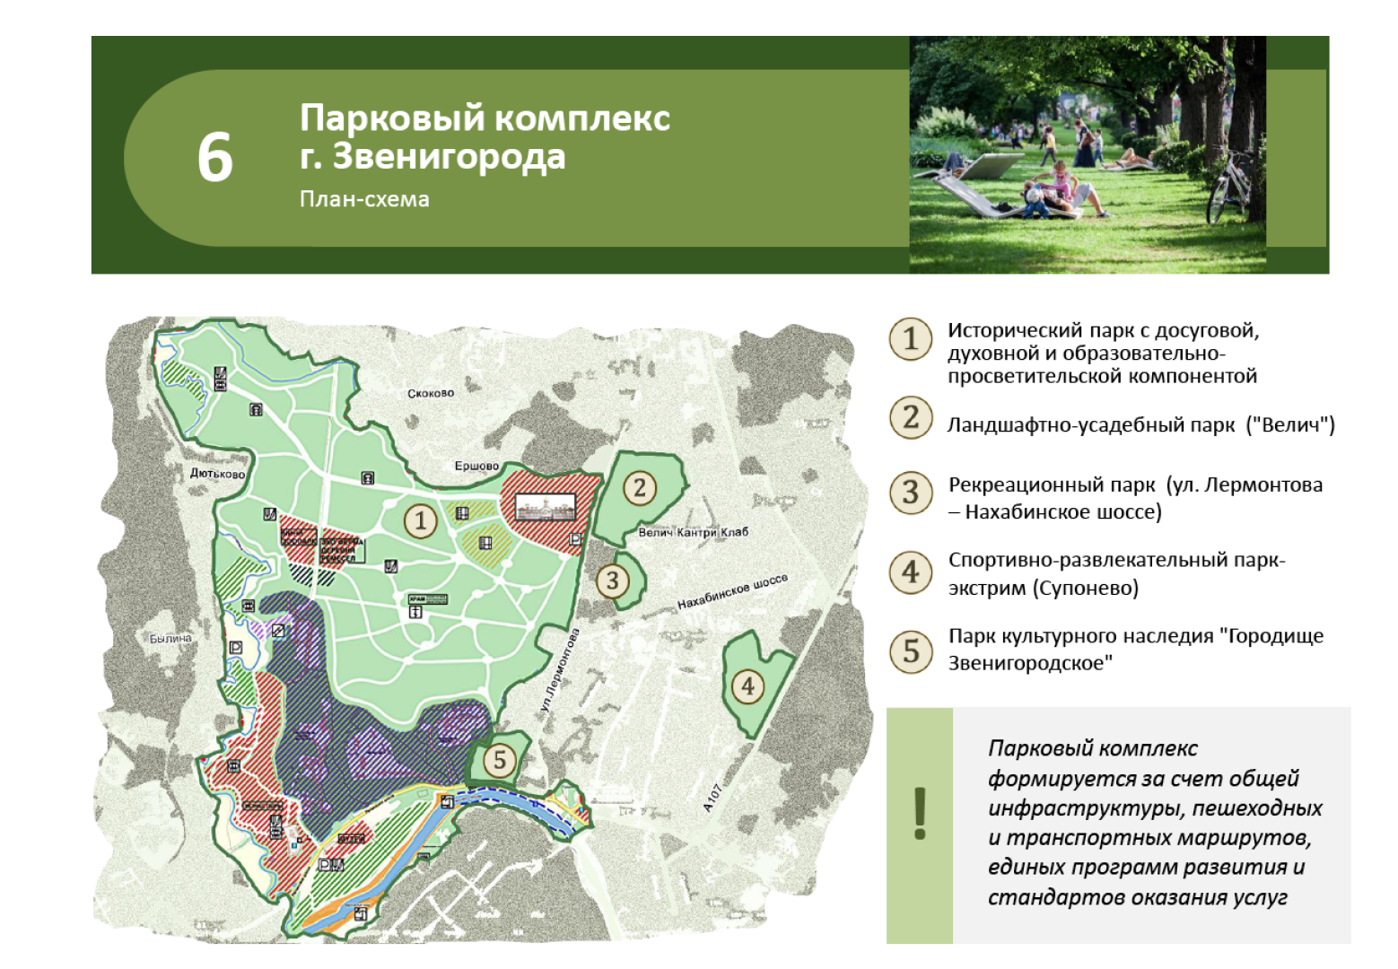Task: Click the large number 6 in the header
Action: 215,158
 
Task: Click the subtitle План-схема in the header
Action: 364,199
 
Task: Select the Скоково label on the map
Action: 431,393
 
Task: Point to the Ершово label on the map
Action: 476,466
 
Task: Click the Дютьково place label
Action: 217,474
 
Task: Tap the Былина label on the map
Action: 170,639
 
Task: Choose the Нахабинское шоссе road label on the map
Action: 732,591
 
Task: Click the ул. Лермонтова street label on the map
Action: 560,670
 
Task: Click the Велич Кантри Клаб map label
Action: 693,532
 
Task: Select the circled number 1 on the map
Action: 420,520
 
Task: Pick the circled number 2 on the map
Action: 640,488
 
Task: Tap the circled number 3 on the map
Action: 613,581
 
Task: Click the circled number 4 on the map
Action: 747,687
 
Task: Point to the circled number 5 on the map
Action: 500,761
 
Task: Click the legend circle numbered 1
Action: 911,339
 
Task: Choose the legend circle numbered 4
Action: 911,572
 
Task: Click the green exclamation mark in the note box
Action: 920,813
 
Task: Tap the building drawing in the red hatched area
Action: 546,509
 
